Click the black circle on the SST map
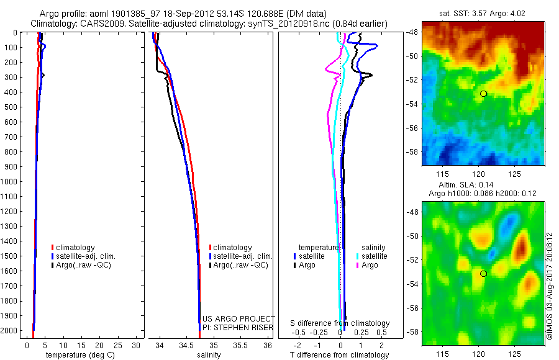tap(483, 94)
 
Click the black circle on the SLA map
tap(483, 274)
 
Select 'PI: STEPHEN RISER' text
tap(235, 327)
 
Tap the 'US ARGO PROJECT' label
tap(239, 318)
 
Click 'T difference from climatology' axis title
tap(340, 356)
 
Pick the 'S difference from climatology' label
tap(340, 323)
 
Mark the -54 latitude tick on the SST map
tap(414, 103)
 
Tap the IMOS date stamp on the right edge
tap(550, 286)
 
